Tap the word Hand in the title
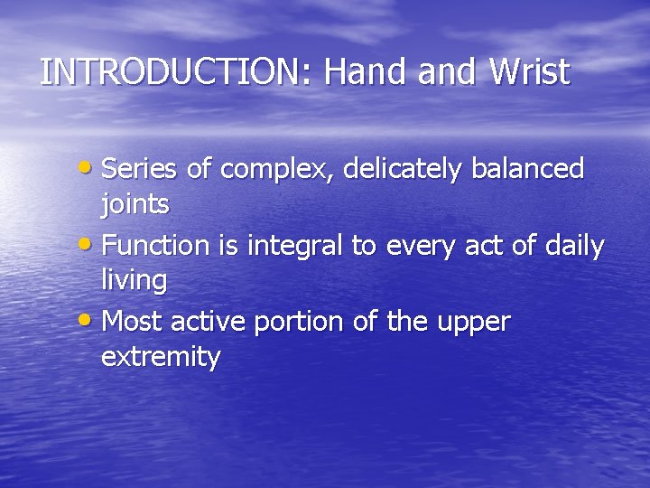(367, 72)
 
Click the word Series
(142, 168)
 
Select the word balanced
(532, 168)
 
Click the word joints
(135, 206)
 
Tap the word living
(134, 282)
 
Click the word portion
(303, 322)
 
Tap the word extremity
(161, 358)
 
